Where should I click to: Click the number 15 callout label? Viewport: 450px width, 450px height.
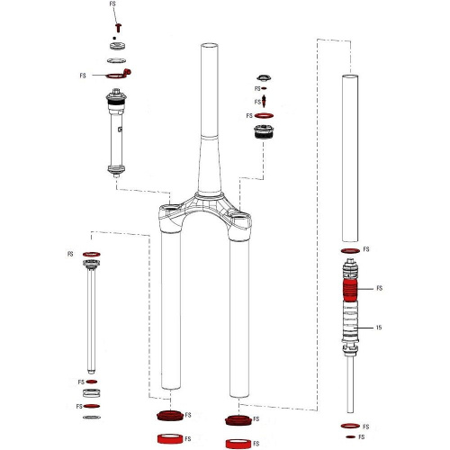[x=380, y=328]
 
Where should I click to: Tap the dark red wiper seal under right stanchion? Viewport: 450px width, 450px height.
[x=236, y=419]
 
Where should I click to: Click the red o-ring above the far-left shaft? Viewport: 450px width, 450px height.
[x=91, y=255]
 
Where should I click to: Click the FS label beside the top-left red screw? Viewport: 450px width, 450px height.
[x=112, y=4]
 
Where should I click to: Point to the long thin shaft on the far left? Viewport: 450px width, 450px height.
[x=91, y=324]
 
